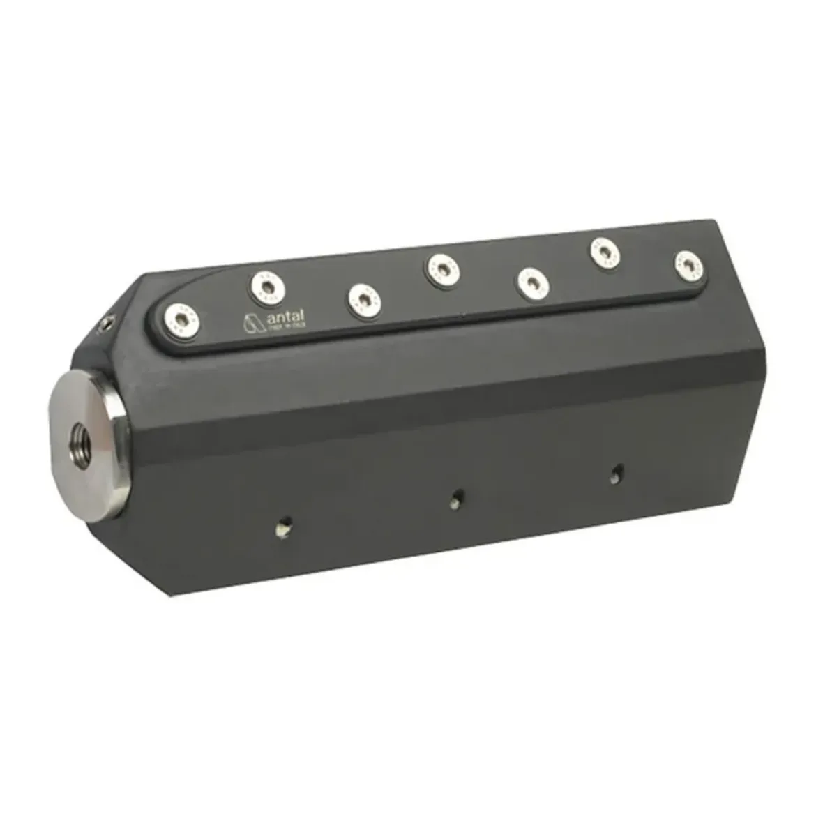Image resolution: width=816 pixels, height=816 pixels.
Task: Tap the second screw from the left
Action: [266, 286]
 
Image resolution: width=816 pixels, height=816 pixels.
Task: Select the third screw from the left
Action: [363, 299]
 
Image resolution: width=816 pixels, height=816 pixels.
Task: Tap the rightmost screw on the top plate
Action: [689, 266]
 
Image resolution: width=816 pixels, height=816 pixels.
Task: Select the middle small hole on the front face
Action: [457, 497]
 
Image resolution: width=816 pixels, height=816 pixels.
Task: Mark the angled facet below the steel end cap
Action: [139, 551]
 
